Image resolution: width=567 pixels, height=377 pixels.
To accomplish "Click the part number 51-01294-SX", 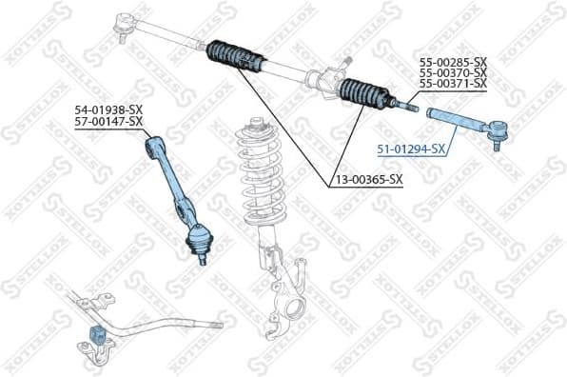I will click(x=411, y=149).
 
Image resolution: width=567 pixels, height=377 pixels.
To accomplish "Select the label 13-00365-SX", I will click(x=367, y=178).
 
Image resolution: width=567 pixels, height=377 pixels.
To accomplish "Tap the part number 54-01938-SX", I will click(x=108, y=109).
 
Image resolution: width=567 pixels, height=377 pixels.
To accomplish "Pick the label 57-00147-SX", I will click(x=108, y=121).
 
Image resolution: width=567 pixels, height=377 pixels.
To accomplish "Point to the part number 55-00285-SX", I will click(x=453, y=62).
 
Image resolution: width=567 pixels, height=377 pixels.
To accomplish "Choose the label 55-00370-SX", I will click(x=453, y=72).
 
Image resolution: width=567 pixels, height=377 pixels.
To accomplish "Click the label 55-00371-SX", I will click(x=453, y=84).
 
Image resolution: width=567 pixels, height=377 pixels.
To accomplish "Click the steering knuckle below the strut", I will click(x=285, y=300).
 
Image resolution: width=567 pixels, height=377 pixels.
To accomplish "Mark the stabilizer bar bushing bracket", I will click(x=100, y=338).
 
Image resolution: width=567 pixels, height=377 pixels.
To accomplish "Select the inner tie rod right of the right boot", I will click(x=403, y=103).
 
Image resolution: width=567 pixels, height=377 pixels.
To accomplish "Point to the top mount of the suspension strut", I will click(x=255, y=124).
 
